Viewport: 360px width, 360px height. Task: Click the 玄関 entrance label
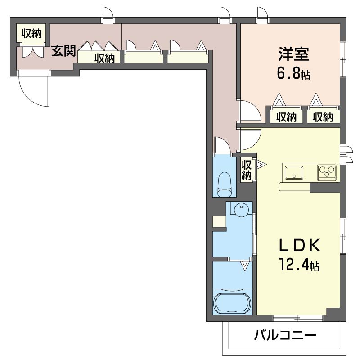click(63, 51)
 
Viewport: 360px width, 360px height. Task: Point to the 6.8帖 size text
click(293, 73)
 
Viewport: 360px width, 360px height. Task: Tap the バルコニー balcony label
click(285, 335)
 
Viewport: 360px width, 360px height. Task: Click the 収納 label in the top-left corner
click(31, 33)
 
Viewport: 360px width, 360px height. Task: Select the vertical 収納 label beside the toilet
click(246, 169)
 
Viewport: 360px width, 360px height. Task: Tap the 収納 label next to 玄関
click(104, 58)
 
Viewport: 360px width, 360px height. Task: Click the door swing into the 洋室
click(248, 112)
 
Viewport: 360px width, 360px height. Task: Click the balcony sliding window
click(298, 318)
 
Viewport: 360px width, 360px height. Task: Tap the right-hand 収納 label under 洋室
click(323, 117)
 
